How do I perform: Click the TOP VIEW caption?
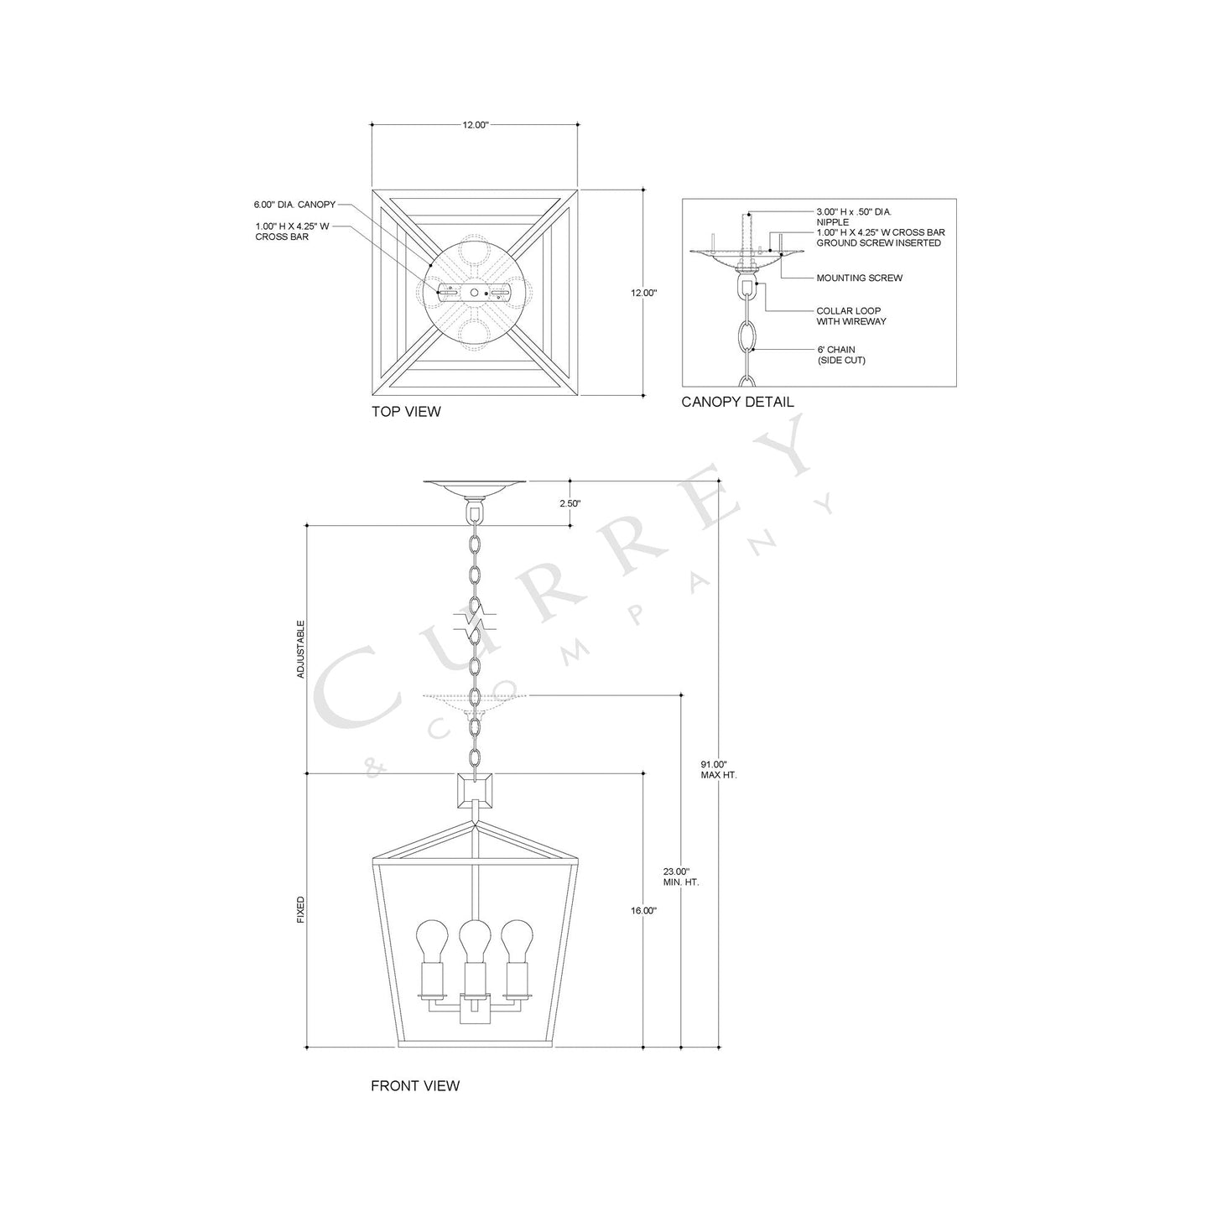click(x=406, y=412)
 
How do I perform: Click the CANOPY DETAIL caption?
click(x=737, y=402)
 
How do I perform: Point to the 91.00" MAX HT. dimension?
click(x=718, y=769)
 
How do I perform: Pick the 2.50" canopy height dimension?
click(x=570, y=503)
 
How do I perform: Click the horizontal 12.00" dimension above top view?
click(x=475, y=124)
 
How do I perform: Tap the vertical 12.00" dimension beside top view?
click(x=643, y=293)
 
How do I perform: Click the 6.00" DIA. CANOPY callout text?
click(x=294, y=204)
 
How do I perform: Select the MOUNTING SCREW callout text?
click(x=860, y=278)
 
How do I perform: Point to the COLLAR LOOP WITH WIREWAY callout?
click(x=851, y=316)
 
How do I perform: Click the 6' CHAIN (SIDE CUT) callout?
click(x=841, y=355)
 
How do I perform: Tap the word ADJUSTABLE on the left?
click(x=301, y=648)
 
